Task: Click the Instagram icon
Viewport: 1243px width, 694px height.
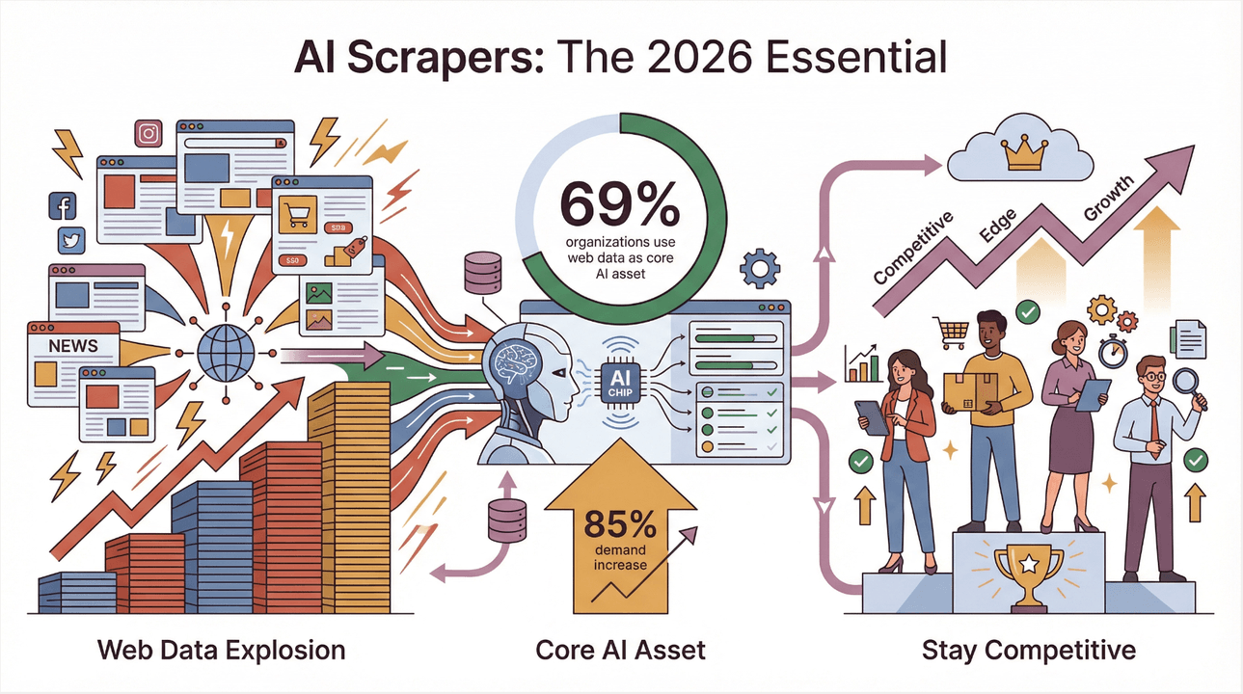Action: coord(149,134)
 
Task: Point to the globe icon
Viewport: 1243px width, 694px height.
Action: coord(226,353)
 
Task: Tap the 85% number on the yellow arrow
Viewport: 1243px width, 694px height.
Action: coord(619,526)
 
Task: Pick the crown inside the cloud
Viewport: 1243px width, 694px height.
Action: coord(1018,152)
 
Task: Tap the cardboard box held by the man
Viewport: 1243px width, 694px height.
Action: coord(971,388)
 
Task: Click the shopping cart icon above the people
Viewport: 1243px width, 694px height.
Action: coord(951,333)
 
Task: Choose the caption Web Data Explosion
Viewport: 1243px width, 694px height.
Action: coord(221,650)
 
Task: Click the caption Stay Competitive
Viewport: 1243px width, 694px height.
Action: coord(1028,650)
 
